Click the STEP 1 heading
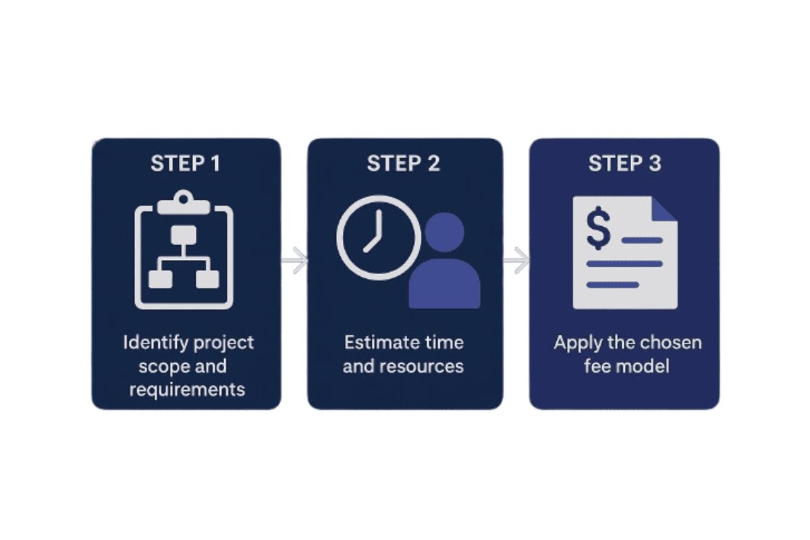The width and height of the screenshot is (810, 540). tap(185, 163)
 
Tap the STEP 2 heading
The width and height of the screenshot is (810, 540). tap(404, 163)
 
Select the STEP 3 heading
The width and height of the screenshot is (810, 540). tap(624, 163)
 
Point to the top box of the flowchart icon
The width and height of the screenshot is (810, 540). tap(184, 235)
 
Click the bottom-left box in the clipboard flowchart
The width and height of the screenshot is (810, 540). tap(161, 278)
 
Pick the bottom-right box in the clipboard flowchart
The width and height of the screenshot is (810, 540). tap(207, 278)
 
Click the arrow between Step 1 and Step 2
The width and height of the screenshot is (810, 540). tap(294, 261)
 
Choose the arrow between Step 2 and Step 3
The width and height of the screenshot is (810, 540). tap(516, 261)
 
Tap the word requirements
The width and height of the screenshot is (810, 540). tap(187, 389)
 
